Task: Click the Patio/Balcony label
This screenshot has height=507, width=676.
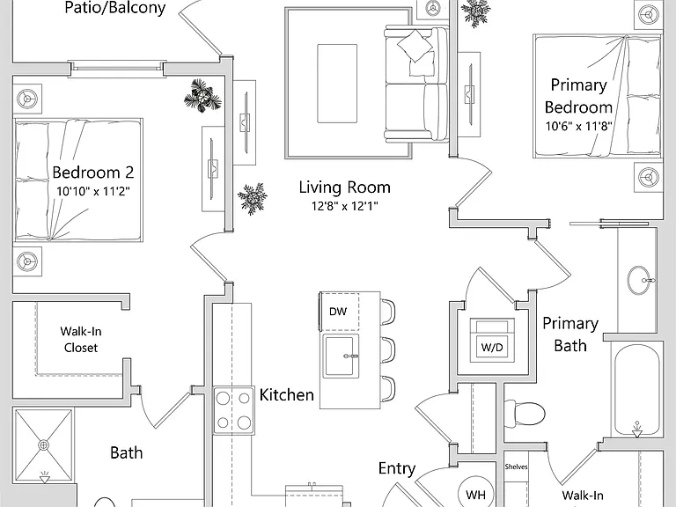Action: pyautogui.click(x=115, y=8)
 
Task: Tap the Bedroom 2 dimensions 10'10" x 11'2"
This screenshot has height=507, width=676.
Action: pyautogui.click(x=93, y=191)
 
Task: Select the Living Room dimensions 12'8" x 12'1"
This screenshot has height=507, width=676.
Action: pyautogui.click(x=345, y=206)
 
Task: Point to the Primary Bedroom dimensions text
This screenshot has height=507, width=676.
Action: pyautogui.click(x=578, y=126)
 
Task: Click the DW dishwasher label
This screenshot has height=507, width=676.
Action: pyautogui.click(x=338, y=312)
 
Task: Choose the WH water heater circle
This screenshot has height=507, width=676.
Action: pyautogui.click(x=475, y=494)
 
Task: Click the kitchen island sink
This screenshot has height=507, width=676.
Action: pyautogui.click(x=342, y=356)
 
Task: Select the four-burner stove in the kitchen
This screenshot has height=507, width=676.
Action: pyautogui.click(x=233, y=410)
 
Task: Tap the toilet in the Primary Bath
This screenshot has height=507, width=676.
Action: pyautogui.click(x=525, y=413)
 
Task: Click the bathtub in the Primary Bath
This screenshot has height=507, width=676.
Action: pyautogui.click(x=636, y=392)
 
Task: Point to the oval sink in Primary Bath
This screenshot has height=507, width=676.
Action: pyautogui.click(x=639, y=281)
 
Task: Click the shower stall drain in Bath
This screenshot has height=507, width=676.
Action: pyautogui.click(x=43, y=445)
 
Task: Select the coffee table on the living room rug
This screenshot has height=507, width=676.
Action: pyautogui.click(x=337, y=84)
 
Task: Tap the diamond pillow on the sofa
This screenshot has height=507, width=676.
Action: pyautogui.click(x=415, y=45)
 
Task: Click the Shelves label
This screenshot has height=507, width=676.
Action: pyautogui.click(x=516, y=467)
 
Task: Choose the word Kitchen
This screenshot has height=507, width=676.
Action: pyautogui.click(x=287, y=395)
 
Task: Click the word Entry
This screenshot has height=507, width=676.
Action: pyautogui.click(x=397, y=468)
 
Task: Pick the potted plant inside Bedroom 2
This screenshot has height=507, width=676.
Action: pyautogui.click(x=202, y=96)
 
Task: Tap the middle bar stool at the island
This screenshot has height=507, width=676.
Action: pyautogui.click(x=388, y=349)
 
